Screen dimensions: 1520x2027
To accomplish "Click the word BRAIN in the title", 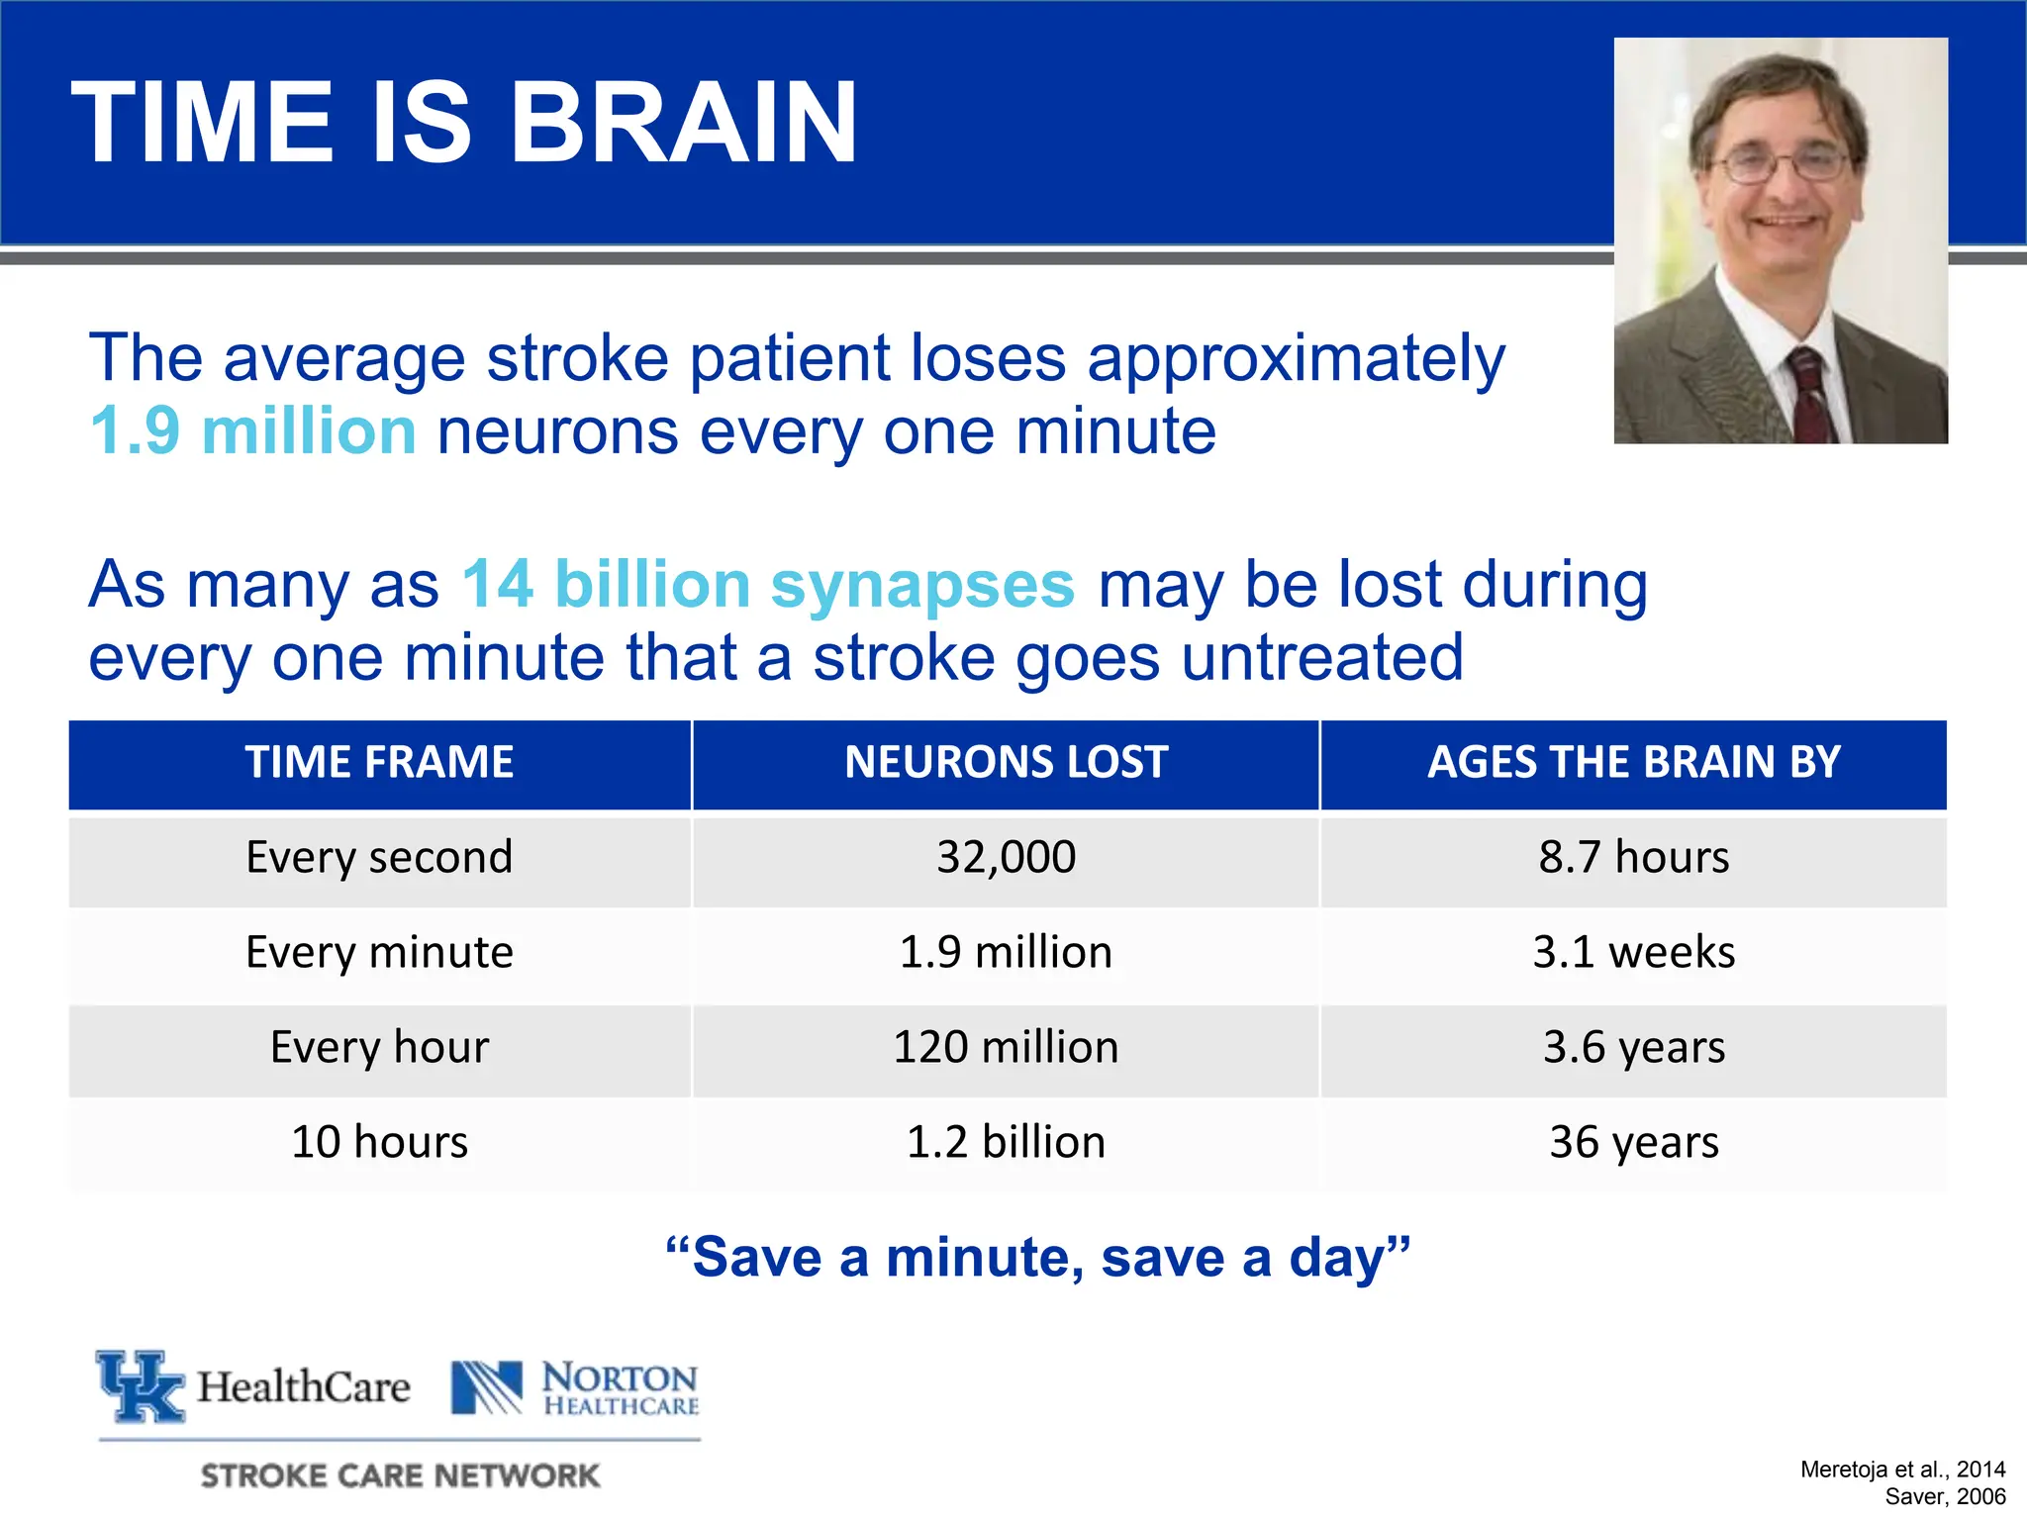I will click(683, 123).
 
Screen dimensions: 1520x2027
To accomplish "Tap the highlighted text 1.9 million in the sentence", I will click(252, 432).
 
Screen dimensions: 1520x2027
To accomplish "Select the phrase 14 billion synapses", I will click(768, 584).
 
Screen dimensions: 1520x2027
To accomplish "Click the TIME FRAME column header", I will click(379, 763).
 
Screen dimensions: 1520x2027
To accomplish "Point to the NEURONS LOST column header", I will click(1006, 763).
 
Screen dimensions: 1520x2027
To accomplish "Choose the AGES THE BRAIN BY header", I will click(1633, 763).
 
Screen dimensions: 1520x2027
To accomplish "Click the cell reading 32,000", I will click(1006, 857).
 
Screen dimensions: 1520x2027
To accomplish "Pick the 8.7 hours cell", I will click(1633, 857).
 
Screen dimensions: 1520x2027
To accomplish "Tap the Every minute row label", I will click(379, 952).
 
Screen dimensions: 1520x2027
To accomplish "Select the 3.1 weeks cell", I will click(1633, 952).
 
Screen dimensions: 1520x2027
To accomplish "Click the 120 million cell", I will click(1006, 1047).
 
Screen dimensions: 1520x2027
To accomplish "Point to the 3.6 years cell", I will click(1633, 1047).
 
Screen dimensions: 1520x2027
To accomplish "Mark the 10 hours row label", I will click(379, 1142).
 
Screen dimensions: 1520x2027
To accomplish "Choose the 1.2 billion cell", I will click(1006, 1142).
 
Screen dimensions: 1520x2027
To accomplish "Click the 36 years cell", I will click(1633, 1142).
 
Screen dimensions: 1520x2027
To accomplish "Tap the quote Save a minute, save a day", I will click(1037, 1258).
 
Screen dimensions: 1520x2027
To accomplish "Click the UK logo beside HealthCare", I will click(141, 1385).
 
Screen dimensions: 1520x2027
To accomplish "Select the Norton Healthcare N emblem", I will click(486, 1387).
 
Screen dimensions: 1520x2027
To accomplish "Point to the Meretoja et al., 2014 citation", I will click(1901, 1470).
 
